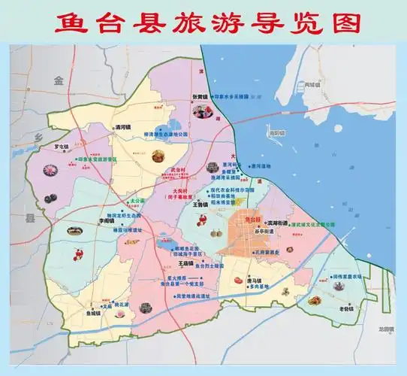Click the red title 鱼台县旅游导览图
tap(203, 22)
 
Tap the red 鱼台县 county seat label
tap(252, 220)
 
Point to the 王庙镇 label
tap(187, 263)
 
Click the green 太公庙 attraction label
tap(136, 202)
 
